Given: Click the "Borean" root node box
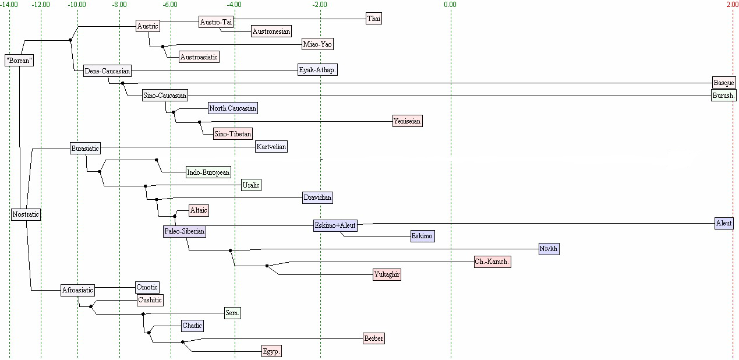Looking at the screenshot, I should [x=19, y=60].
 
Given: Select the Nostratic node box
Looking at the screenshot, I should [x=26, y=214].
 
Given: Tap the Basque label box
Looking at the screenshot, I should [x=724, y=83].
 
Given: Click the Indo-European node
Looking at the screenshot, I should [x=208, y=172].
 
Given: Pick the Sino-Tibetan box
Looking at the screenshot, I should [x=233, y=134].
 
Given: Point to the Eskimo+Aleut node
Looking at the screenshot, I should [x=335, y=225].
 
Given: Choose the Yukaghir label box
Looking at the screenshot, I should [x=387, y=274].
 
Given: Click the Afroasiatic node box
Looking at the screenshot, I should [x=78, y=290].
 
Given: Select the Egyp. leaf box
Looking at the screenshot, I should [x=272, y=351].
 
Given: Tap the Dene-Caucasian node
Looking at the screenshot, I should [x=107, y=71].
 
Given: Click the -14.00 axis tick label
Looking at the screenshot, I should [x=9, y=5].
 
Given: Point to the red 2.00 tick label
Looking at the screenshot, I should [x=732, y=5].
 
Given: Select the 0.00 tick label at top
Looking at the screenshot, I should [x=450, y=5].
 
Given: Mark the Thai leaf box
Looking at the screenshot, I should [x=374, y=19].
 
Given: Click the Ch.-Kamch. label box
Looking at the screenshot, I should [x=492, y=262].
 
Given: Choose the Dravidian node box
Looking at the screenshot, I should [x=317, y=197].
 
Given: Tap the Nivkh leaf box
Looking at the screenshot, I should [x=549, y=249].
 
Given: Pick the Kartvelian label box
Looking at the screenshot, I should [x=271, y=147].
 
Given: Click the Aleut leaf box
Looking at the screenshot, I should [x=724, y=223].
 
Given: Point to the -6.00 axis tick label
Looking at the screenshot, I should [x=170, y=5].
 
